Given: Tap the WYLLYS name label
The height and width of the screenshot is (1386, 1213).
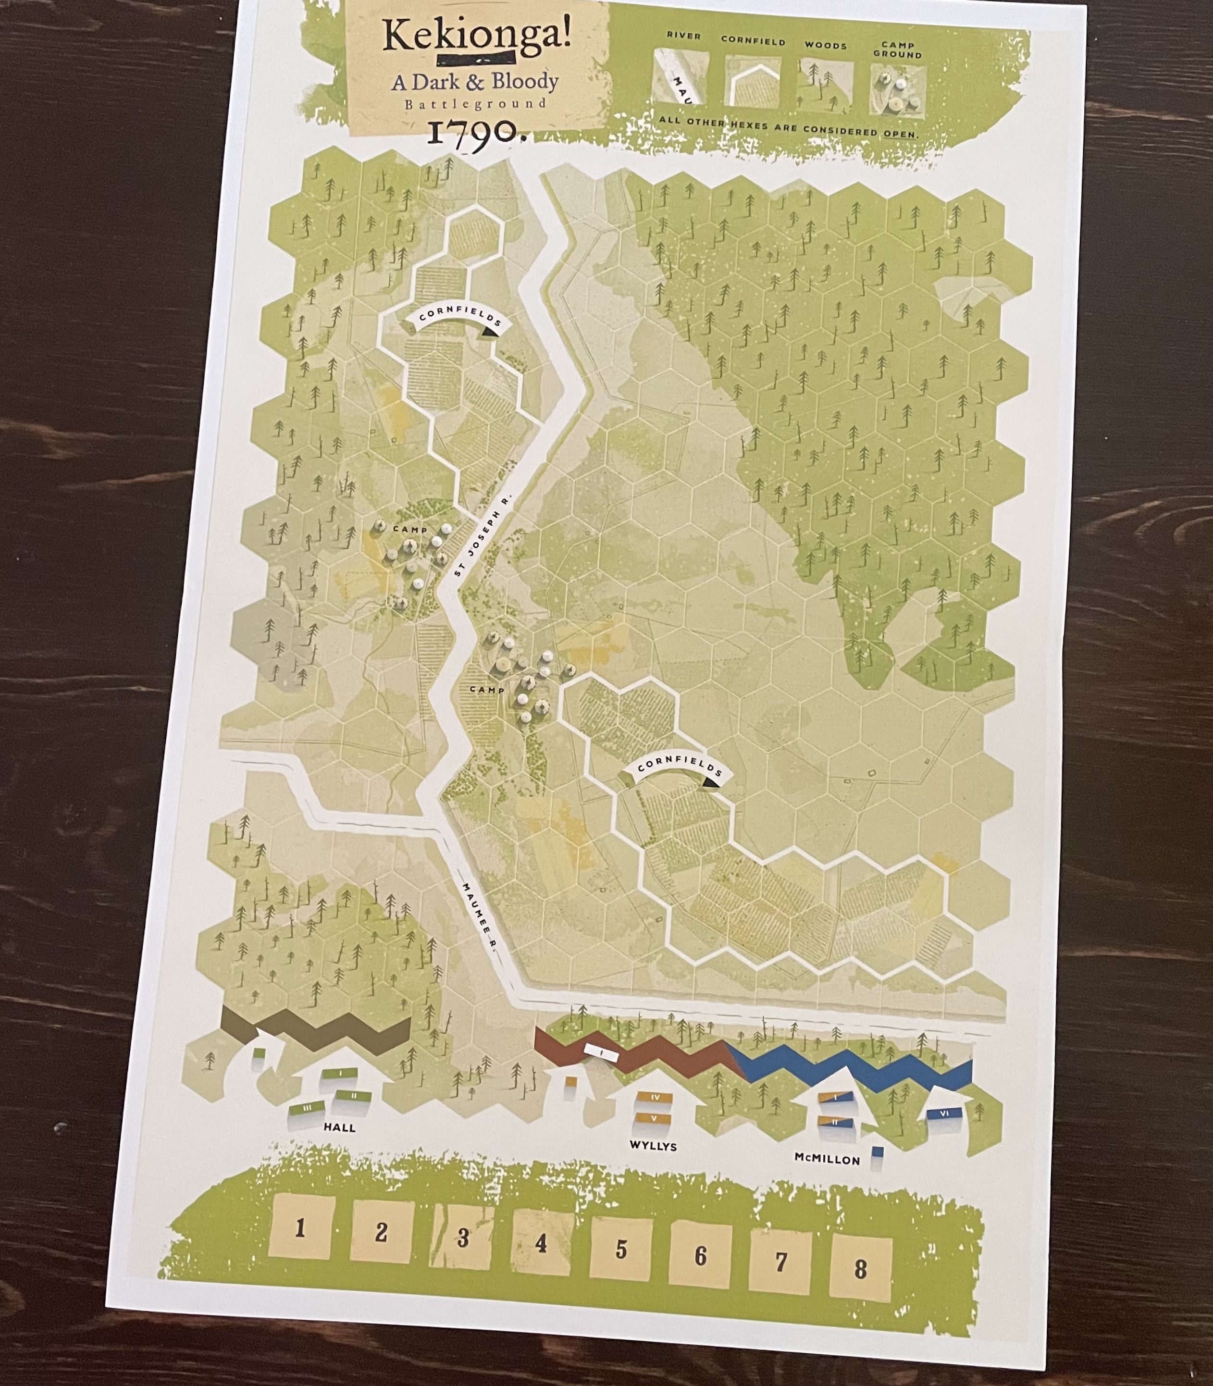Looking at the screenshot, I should pyautogui.click(x=653, y=1146).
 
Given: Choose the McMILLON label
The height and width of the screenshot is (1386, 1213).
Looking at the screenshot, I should pyautogui.click(x=827, y=1159).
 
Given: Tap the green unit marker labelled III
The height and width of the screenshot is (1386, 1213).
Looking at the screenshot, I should pyautogui.click(x=307, y=1108).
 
